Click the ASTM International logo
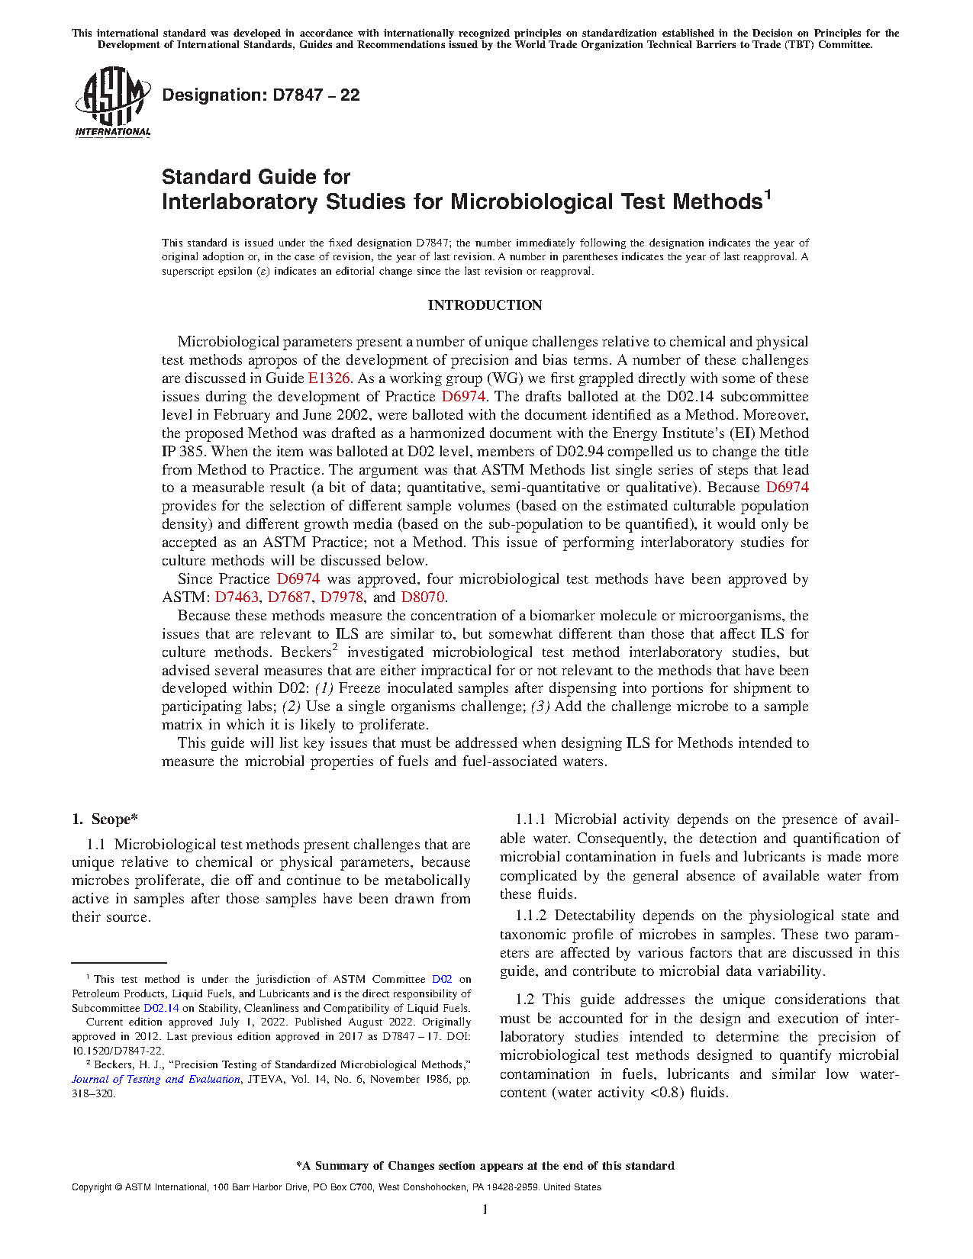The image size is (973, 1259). click(x=112, y=101)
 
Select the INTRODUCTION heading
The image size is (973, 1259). click(x=485, y=305)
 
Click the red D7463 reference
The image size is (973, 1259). click(x=237, y=597)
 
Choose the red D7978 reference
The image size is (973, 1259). click(x=341, y=597)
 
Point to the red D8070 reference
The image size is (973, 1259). click(x=422, y=597)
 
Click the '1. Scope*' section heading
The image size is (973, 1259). click(x=105, y=819)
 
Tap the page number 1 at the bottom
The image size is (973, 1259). click(x=485, y=1209)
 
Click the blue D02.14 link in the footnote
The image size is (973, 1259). click(x=161, y=1008)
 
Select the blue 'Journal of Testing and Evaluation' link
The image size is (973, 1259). click(x=156, y=1079)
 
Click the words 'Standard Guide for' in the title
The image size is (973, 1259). click(x=256, y=177)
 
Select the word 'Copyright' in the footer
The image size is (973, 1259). click(x=91, y=1187)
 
